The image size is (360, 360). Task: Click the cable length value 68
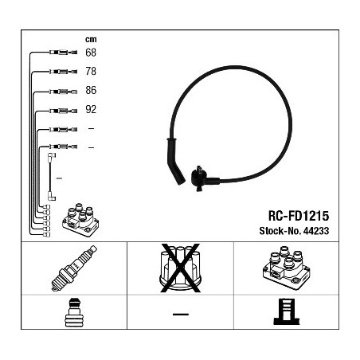click(91, 53)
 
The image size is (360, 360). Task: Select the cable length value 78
click(91, 71)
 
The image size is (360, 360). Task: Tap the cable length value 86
click(91, 90)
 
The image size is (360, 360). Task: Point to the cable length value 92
click(91, 109)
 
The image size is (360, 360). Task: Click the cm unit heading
click(91, 39)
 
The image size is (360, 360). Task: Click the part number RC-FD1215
click(299, 216)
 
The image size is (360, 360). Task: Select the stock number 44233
click(316, 231)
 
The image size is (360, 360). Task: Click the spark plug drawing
click(74, 268)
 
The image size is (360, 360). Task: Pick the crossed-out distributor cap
click(180, 268)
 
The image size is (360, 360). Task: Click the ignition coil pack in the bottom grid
click(286, 268)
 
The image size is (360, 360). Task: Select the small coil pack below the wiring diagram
click(80, 220)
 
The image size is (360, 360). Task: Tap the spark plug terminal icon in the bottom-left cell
click(74, 312)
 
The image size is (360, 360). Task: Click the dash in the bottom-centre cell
click(181, 315)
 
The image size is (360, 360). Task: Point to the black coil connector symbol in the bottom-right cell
click(287, 311)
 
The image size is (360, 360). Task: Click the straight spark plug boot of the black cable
click(174, 161)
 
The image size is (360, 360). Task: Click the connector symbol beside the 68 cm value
click(63, 53)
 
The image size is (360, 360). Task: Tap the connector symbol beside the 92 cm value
click(63, 111)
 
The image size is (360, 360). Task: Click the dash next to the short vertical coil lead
click(59, 178)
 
